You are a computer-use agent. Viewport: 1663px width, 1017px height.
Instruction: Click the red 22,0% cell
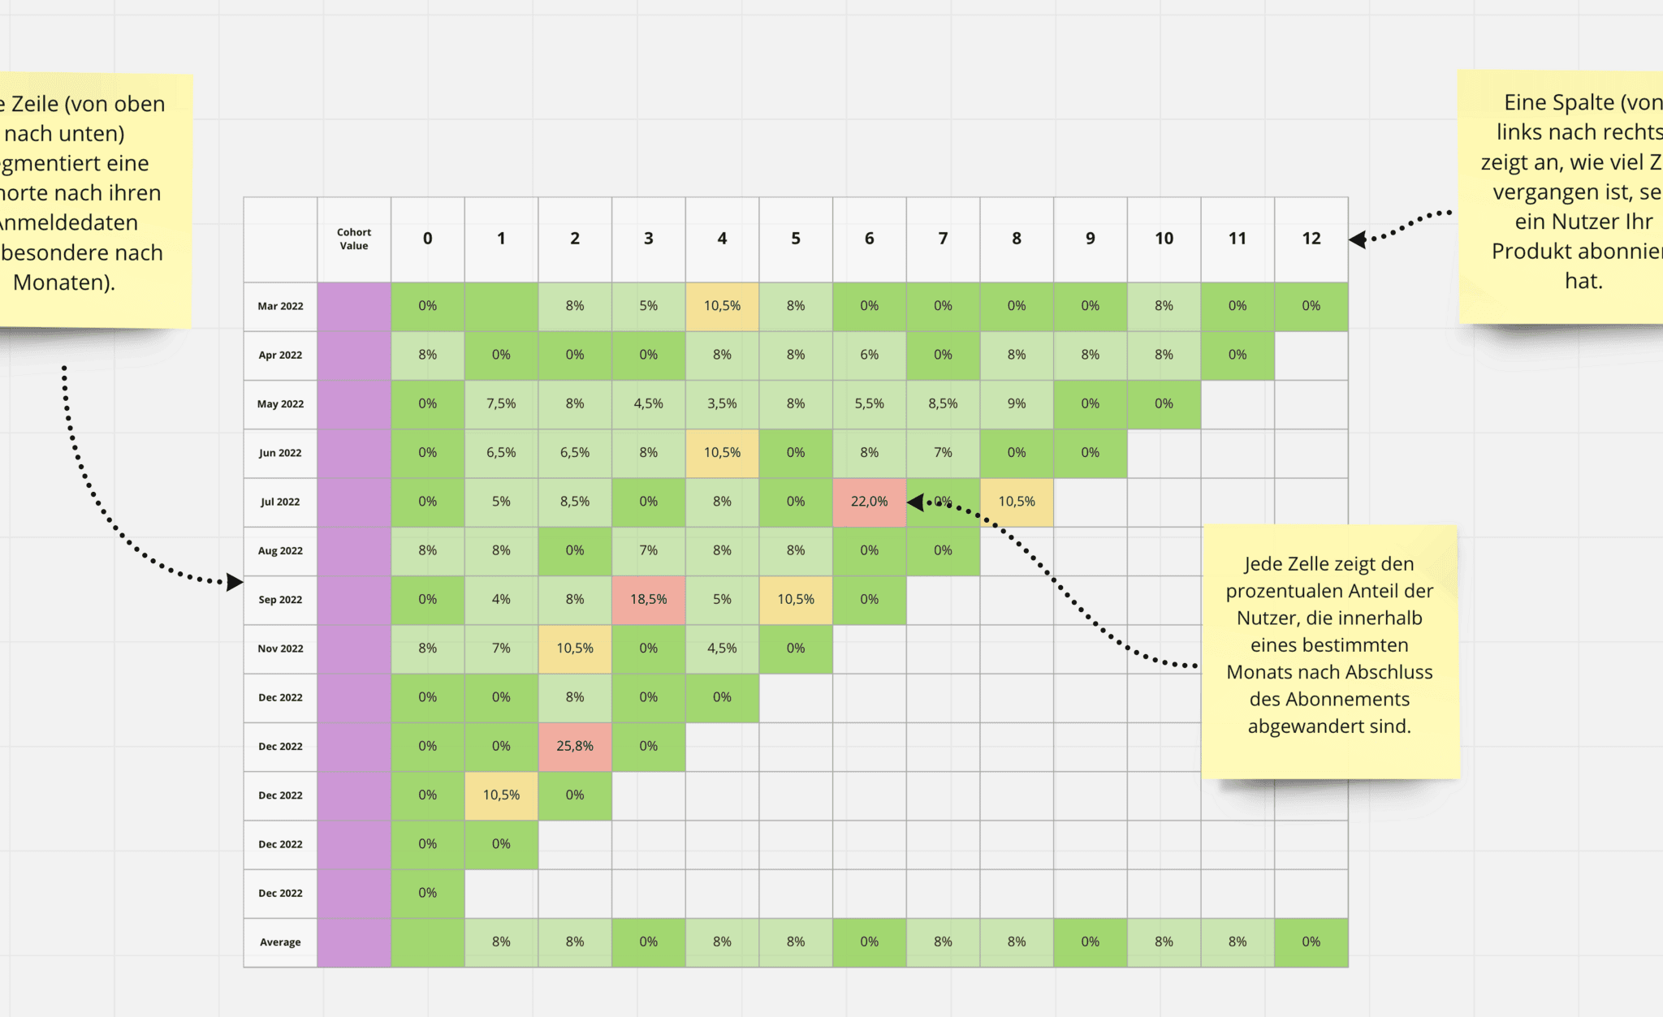click(x=869, y=502)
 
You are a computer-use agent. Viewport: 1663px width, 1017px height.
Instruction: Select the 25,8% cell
click(x=574, y=746)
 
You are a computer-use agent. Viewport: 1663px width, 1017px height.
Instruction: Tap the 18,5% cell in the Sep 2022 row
click(x=648, y=599)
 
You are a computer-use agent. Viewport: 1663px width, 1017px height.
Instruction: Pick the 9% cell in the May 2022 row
click(x=1016, y=403)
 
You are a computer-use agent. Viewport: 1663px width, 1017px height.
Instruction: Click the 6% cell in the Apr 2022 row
click(x=869, y=355)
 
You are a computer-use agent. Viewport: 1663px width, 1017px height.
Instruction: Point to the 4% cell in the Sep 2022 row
click(x=501, y=599)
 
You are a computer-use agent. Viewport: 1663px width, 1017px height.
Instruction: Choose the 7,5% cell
click(x=501, y=403)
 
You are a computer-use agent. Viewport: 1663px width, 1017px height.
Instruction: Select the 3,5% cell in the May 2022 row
click(x=722, y=403)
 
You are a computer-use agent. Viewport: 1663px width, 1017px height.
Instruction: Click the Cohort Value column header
click(x=354, y=239)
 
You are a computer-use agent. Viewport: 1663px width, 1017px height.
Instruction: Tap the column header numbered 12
click(x=1311, y=239)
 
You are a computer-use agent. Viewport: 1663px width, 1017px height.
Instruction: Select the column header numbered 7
click(x=943, y=239)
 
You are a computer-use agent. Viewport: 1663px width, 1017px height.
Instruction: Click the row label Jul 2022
click(x=280, y=502)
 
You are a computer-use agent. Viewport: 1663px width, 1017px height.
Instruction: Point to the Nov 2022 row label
click(x=280, y=649)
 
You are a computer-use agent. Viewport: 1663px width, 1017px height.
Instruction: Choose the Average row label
click(x=280, y=942)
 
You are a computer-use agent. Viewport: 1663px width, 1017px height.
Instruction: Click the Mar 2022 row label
click(x=280, y=306)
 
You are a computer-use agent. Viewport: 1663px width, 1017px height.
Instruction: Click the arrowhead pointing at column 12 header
click(x=1358, y=239)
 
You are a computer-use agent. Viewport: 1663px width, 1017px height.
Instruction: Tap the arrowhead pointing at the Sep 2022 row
click(x=234, y=582)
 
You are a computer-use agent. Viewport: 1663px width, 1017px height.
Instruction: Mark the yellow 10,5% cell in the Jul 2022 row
click(x=1016, y=502)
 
